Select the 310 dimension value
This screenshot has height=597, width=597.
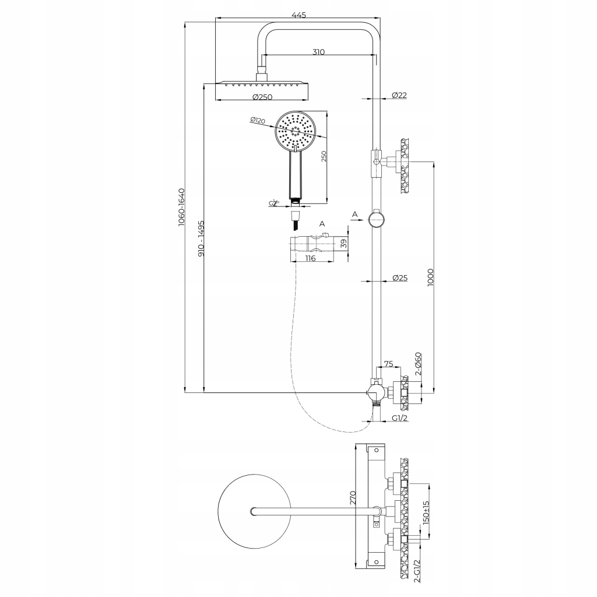pos(318,52)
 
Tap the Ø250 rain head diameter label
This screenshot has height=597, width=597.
pos(262,97)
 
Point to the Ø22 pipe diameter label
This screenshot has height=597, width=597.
pos(399,95)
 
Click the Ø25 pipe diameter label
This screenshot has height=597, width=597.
pos(399,278)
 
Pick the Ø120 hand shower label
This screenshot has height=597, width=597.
pos(257,121)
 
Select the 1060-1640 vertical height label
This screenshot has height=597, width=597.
pos(181,207)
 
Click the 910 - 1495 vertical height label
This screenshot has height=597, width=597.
pos(201,239)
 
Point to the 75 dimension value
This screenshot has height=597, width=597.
pos(389,364)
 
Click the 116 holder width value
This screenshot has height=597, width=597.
pos(310,258)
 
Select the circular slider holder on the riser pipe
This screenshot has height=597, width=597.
pos(376,219)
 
